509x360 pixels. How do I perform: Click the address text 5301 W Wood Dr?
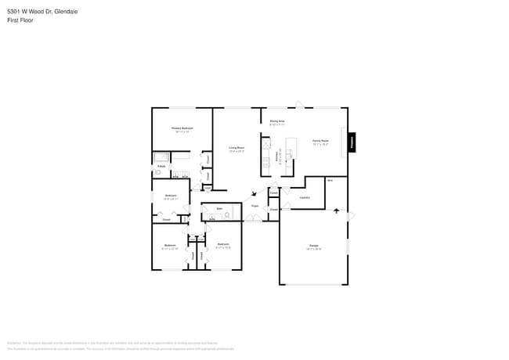(31, 12)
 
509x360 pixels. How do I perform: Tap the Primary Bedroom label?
(182, 128)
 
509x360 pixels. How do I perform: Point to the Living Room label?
(236, 149)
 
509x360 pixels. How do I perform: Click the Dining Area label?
(276, 122)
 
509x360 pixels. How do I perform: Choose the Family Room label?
(319, 142)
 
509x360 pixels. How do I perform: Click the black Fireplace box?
(352, 142)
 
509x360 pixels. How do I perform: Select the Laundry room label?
(305, 197)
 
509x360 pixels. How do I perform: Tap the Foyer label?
(255, 206)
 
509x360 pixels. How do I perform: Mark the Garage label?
(313, 247)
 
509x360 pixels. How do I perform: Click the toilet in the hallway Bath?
(226, 214)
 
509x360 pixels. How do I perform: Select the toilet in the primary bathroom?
(157, 173)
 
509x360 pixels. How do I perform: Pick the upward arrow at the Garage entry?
(338, 211)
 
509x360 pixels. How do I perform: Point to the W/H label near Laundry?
(330, 182)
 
